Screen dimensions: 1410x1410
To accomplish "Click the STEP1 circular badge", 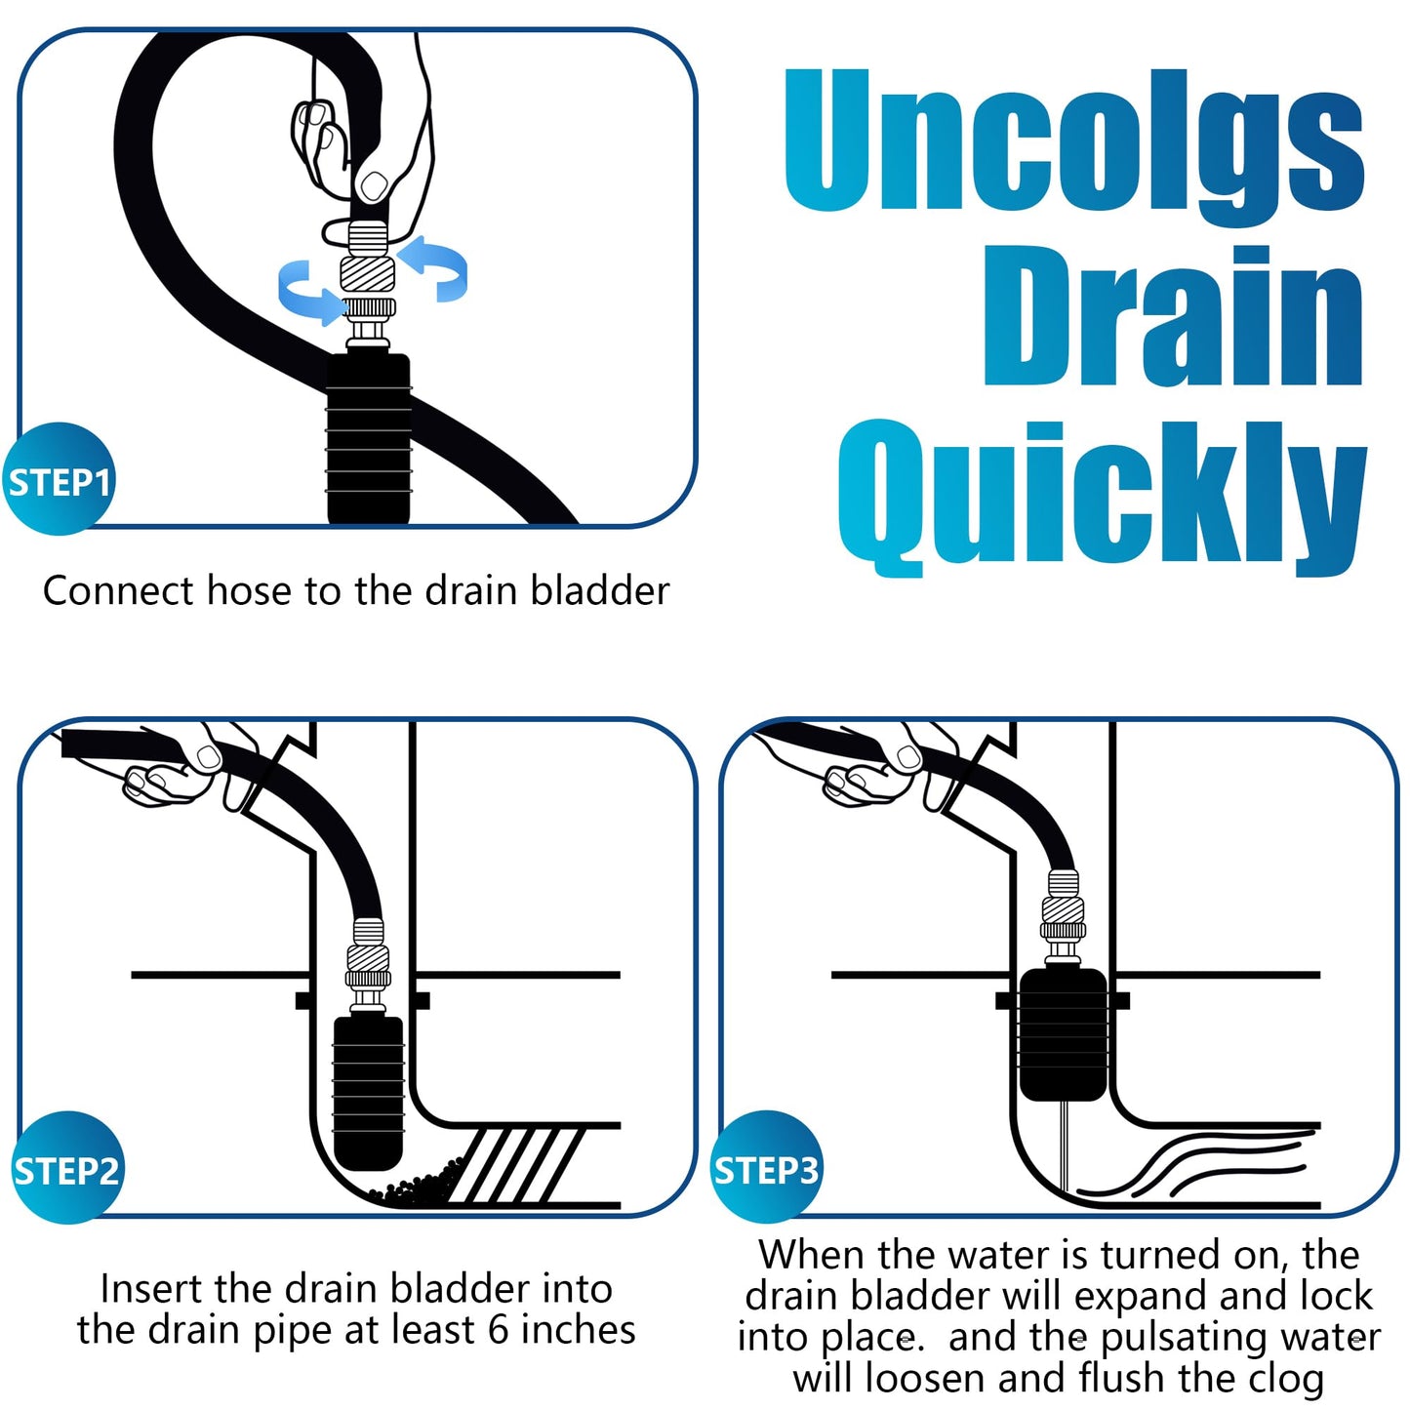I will [59, 480].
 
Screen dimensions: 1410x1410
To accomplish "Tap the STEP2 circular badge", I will [66, 1168].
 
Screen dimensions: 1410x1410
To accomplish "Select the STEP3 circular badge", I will [766, 1168].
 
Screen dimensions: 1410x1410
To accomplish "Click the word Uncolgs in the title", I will [1073, 141].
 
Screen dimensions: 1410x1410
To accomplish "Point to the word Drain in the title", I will [1171, 317].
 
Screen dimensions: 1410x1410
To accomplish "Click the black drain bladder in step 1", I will [368, 439].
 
